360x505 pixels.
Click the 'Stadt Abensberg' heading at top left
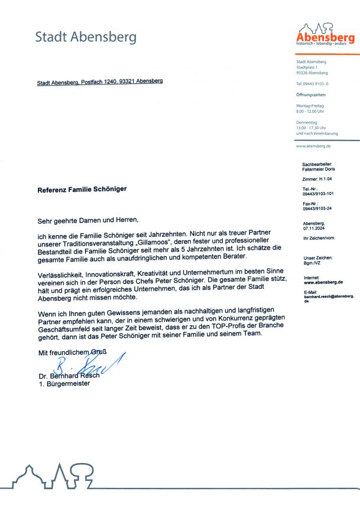click(x=86, y=37)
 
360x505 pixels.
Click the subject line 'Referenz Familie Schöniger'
click(x=82, y=190)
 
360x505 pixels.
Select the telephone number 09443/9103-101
click(x=318, y=193)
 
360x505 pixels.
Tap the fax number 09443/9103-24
click(x=317, y=208)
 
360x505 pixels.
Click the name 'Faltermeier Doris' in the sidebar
click(x=317, y=169)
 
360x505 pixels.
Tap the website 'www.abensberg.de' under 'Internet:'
click(x=323, y=282)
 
